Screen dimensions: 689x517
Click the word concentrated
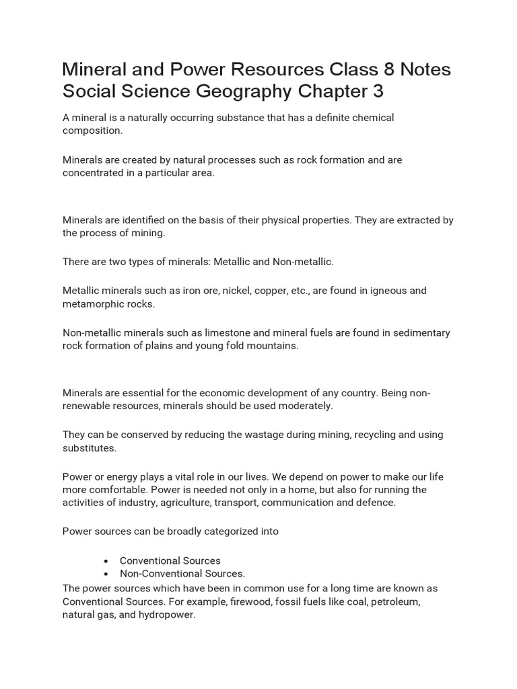(94, 173)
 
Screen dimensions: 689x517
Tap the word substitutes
(90, 448)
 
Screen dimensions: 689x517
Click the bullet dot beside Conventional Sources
(107, 560)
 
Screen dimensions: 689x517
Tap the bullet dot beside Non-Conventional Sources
(107, 574)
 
